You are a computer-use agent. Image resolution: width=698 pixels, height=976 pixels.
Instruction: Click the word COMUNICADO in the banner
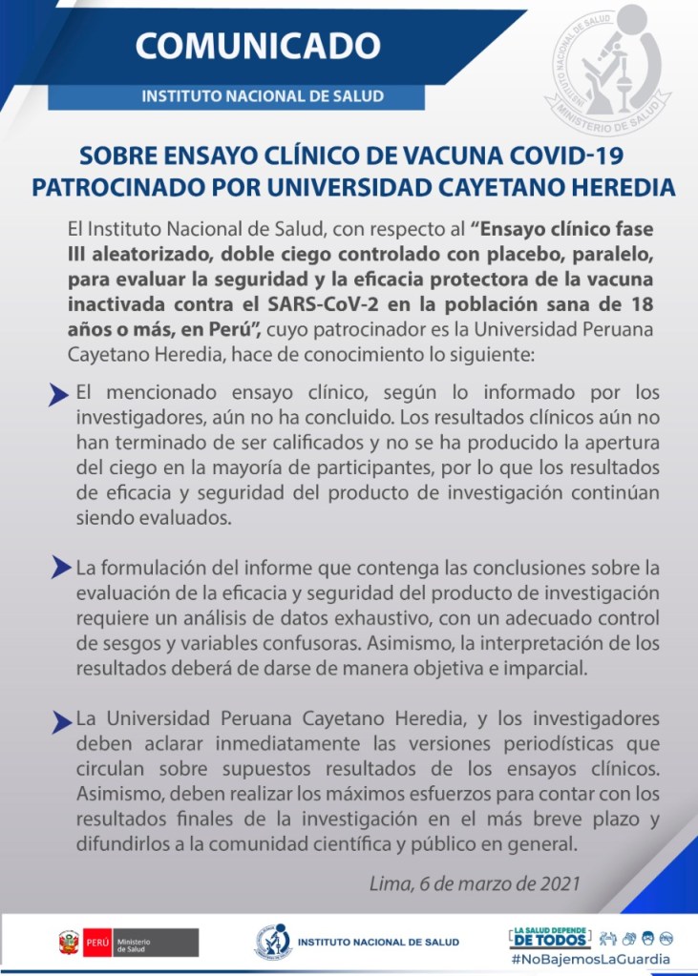[256, 45]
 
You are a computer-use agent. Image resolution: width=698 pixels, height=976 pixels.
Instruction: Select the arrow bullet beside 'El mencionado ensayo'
[59, 394]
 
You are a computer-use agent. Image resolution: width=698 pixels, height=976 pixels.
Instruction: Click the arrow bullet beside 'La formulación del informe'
[59, 569]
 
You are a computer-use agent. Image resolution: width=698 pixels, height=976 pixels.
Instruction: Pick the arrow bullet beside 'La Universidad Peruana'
[59, 719]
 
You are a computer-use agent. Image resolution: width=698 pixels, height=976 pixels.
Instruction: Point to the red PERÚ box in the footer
[98, 943]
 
